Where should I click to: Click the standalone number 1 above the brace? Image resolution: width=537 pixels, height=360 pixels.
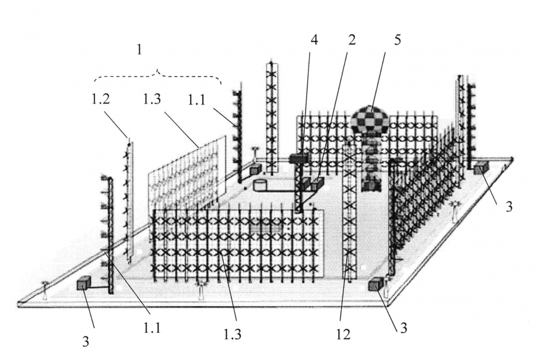pyautogui.click(x=138, y=50)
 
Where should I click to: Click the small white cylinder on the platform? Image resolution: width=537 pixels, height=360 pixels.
pyautogui.click(x=260, y=185)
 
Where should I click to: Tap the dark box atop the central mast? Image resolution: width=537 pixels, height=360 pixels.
pyautogui.click(x=299, y=157)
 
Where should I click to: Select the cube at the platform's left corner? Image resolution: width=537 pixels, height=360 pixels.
pyautogui.click(x=85, y=283)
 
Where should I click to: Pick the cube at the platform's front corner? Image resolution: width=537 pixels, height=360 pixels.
pyautogui.click(x=377, y=284)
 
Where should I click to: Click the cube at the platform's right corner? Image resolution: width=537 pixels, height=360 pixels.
pyautogui.click(x=481, y=167)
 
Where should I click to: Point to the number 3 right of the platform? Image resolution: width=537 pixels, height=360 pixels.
pyautogui.click(x=509, y=207)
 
